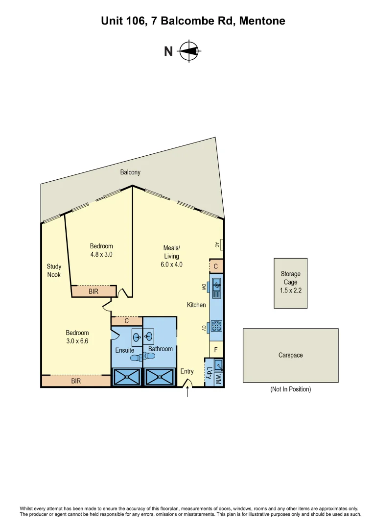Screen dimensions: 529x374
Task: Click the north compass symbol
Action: (x=188, y=51)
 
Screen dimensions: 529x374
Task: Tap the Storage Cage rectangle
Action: (x=290, y=283)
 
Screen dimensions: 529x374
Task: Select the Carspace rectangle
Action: (x=290, y=355)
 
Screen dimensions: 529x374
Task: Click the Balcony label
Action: (x=130, y=172)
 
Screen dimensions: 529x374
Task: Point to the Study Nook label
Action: (x=54, y=270)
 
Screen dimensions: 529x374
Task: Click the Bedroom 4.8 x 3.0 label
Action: (x=101, y=250)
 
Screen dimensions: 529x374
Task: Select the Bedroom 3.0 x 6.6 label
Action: (x=77, y=337)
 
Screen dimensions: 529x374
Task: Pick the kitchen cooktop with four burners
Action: (x=216, y=326)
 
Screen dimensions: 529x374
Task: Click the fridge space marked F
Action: (x=216, y=350)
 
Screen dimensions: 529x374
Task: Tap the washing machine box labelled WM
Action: (x=218, y=379)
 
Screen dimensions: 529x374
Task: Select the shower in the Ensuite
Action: (x=127, y=377)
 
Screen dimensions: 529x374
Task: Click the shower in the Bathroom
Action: (x=159, y=377)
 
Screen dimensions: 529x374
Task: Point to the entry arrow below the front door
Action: (x=187, y=392)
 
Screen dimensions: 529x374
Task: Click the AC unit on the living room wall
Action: (x=222, y=244)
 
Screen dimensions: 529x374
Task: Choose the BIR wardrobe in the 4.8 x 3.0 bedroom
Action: (x=93, y=291)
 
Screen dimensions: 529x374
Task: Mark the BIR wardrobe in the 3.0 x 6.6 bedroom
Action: (x=76, y=381)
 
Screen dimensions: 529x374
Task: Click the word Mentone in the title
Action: (x=260, y=21)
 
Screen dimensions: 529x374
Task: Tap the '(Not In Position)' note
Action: (x=290, y=389)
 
